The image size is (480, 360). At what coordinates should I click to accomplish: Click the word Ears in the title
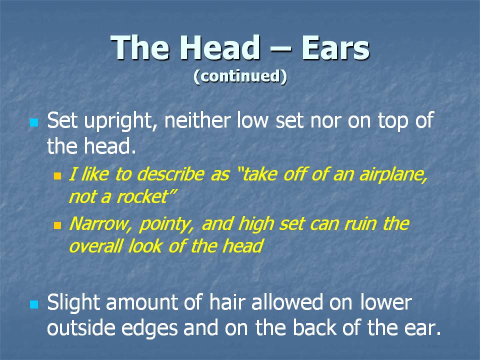point(335,48)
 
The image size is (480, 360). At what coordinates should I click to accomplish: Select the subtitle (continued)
point(240,76)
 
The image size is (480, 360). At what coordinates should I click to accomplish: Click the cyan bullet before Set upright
point(34,123)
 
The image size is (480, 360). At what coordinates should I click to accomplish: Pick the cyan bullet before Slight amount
point(34,304)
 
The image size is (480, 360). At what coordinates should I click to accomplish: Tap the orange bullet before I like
point(57,175)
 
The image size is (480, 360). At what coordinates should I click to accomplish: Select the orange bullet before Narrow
point(57,225)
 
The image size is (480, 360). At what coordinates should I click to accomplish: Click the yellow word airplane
point(393,175)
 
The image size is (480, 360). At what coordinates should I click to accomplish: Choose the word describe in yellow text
point(170,174)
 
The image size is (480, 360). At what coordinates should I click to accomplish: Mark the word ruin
point(360,224)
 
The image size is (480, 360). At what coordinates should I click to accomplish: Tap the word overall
point(96,246)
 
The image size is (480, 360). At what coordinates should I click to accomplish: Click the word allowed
point(287,302)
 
